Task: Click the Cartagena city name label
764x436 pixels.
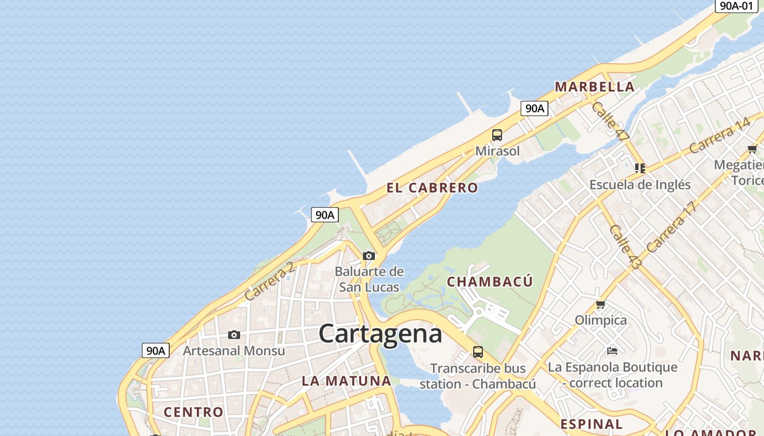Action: [380, 334]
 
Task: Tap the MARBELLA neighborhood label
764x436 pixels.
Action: [594, 87]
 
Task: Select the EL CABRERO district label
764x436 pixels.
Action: [432, 188]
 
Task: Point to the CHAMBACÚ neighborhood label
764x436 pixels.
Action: [490, 282]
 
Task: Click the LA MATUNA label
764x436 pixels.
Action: [347, 381]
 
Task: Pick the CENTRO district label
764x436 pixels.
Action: [194, 412]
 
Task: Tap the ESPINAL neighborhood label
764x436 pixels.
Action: [592, 424]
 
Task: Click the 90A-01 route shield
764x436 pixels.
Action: [736, 5]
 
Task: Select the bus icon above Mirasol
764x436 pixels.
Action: [497, 135]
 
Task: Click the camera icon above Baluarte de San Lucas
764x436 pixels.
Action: [369, 256]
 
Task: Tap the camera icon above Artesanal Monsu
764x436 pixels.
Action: [234, 335]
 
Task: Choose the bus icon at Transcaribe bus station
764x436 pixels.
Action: [478, 352]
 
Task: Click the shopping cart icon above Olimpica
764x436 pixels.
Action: [600, 304]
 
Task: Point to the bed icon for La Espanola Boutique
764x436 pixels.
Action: [612, 350]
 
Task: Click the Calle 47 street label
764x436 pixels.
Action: [610, 122]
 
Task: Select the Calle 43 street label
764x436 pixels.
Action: [625, 246]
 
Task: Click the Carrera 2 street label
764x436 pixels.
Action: [270, 281]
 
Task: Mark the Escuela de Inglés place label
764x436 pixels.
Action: [640, 185]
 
